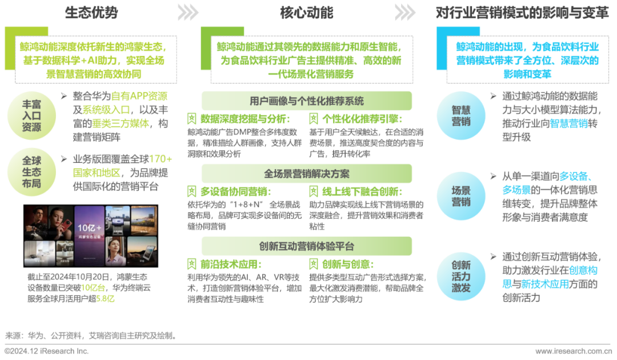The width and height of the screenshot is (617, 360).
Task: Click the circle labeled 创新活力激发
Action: (x=461, y=276)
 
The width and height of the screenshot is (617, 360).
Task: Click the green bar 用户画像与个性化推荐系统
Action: (x=306, y=101)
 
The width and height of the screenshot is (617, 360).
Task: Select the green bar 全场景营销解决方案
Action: (x=306, y=173)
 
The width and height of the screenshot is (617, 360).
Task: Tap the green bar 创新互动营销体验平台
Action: (x=306, y=246)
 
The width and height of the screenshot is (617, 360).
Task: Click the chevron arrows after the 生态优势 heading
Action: (x=187, y=12)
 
